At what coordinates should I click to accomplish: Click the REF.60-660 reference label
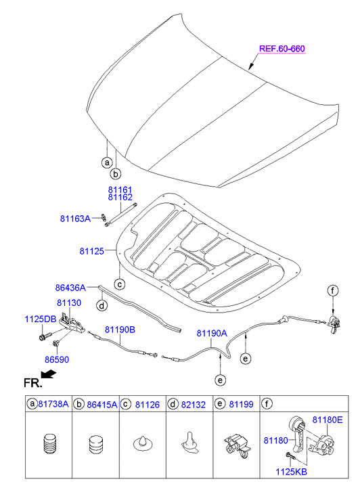[x=282, y=49]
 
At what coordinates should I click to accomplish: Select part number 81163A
[x=75, y=219]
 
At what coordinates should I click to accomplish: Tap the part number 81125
[x=91, y=251]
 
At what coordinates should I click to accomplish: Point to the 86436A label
[x=70, y=288]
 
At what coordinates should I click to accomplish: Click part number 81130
[x=69, y=303]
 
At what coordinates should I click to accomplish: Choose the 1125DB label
[x=41, y=319]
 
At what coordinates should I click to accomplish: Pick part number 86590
[x=57, y=359]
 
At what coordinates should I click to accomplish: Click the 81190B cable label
[x=120, y=330]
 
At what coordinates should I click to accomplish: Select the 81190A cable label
[x=212, y=333]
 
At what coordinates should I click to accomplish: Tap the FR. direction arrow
[x=48, y=374]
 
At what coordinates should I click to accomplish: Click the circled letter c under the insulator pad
[x=120, y=285]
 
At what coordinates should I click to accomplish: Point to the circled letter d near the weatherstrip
[x=102, y=305]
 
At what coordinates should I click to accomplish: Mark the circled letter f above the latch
[x=333, y=290]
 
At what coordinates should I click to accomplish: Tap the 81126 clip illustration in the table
[x=143, y=443]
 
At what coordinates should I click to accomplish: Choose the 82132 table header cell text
[x=194, y=405]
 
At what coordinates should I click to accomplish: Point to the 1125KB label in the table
[x=291, y=472]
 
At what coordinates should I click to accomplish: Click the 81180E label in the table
[x=328, y=420]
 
